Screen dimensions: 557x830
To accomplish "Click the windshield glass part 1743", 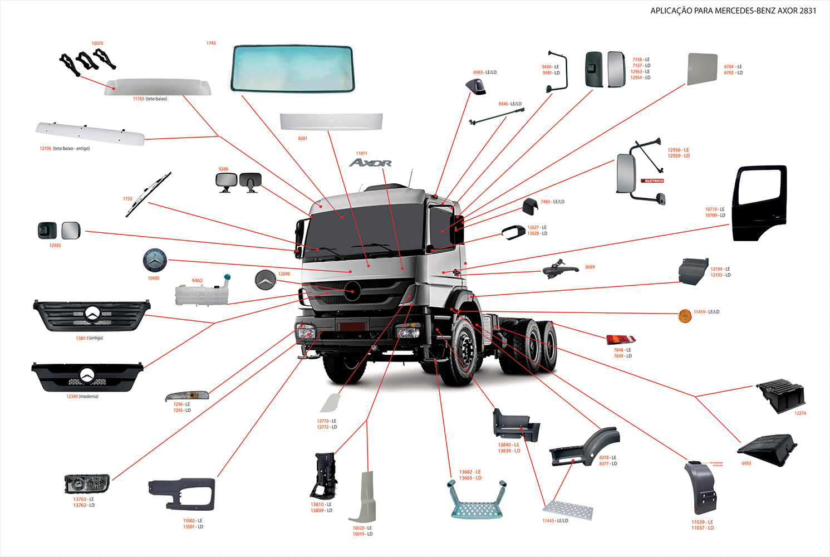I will point(293,68).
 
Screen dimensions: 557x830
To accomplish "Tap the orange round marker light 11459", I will point(685,316).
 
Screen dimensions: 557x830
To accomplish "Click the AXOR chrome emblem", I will point(370,163).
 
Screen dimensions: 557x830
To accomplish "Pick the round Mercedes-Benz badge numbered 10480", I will point(155,261).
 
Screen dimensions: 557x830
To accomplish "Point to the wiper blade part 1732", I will point(148,194).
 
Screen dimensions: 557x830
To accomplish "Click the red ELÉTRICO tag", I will point(652,180).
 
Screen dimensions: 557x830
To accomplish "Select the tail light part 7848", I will point(621,339).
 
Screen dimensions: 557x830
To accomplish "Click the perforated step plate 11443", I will point(568,510).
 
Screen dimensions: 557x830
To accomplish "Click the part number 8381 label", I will point(302,138).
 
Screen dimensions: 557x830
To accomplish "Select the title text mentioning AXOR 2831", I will point(733,11).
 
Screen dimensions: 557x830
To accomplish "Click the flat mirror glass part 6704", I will point(702,69).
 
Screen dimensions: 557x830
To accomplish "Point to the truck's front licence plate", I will point(352,326).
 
